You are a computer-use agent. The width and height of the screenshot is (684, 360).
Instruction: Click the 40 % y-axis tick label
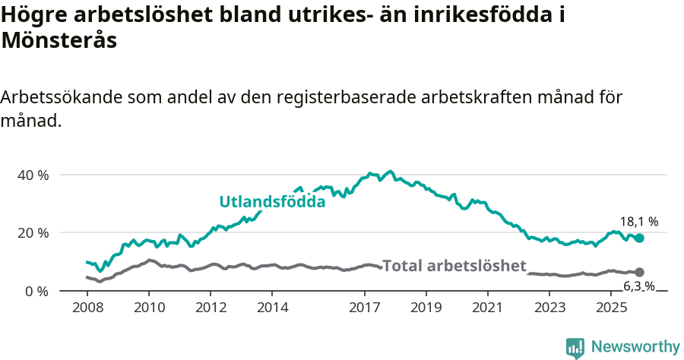pyautogui.click(x=32, y=175)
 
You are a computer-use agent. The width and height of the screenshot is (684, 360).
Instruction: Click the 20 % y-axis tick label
pyautogui.click(x=32, y=232)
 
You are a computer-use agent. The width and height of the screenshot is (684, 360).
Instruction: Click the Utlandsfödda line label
pyautogui.click(x=272, y=202)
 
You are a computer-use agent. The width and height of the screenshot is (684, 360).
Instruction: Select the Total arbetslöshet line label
pyautogui.click(x=454, y=266)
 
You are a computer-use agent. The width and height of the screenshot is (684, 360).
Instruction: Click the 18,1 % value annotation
pyautogui.click(x=639, y=222)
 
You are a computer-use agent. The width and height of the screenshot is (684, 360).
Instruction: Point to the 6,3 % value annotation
pyautogui.click(x=639, y=286)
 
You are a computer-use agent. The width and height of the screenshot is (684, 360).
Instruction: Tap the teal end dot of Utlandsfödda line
pyautogui.click(x=639, y=238)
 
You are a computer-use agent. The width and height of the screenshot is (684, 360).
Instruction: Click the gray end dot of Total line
pyautogui.click(x=639, y=272)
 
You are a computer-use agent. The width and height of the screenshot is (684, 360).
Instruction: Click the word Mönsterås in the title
pyautogui.click(x=59, y=41)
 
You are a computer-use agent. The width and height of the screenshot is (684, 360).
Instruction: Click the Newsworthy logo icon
pyautogui.click(x=575, y=347)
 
